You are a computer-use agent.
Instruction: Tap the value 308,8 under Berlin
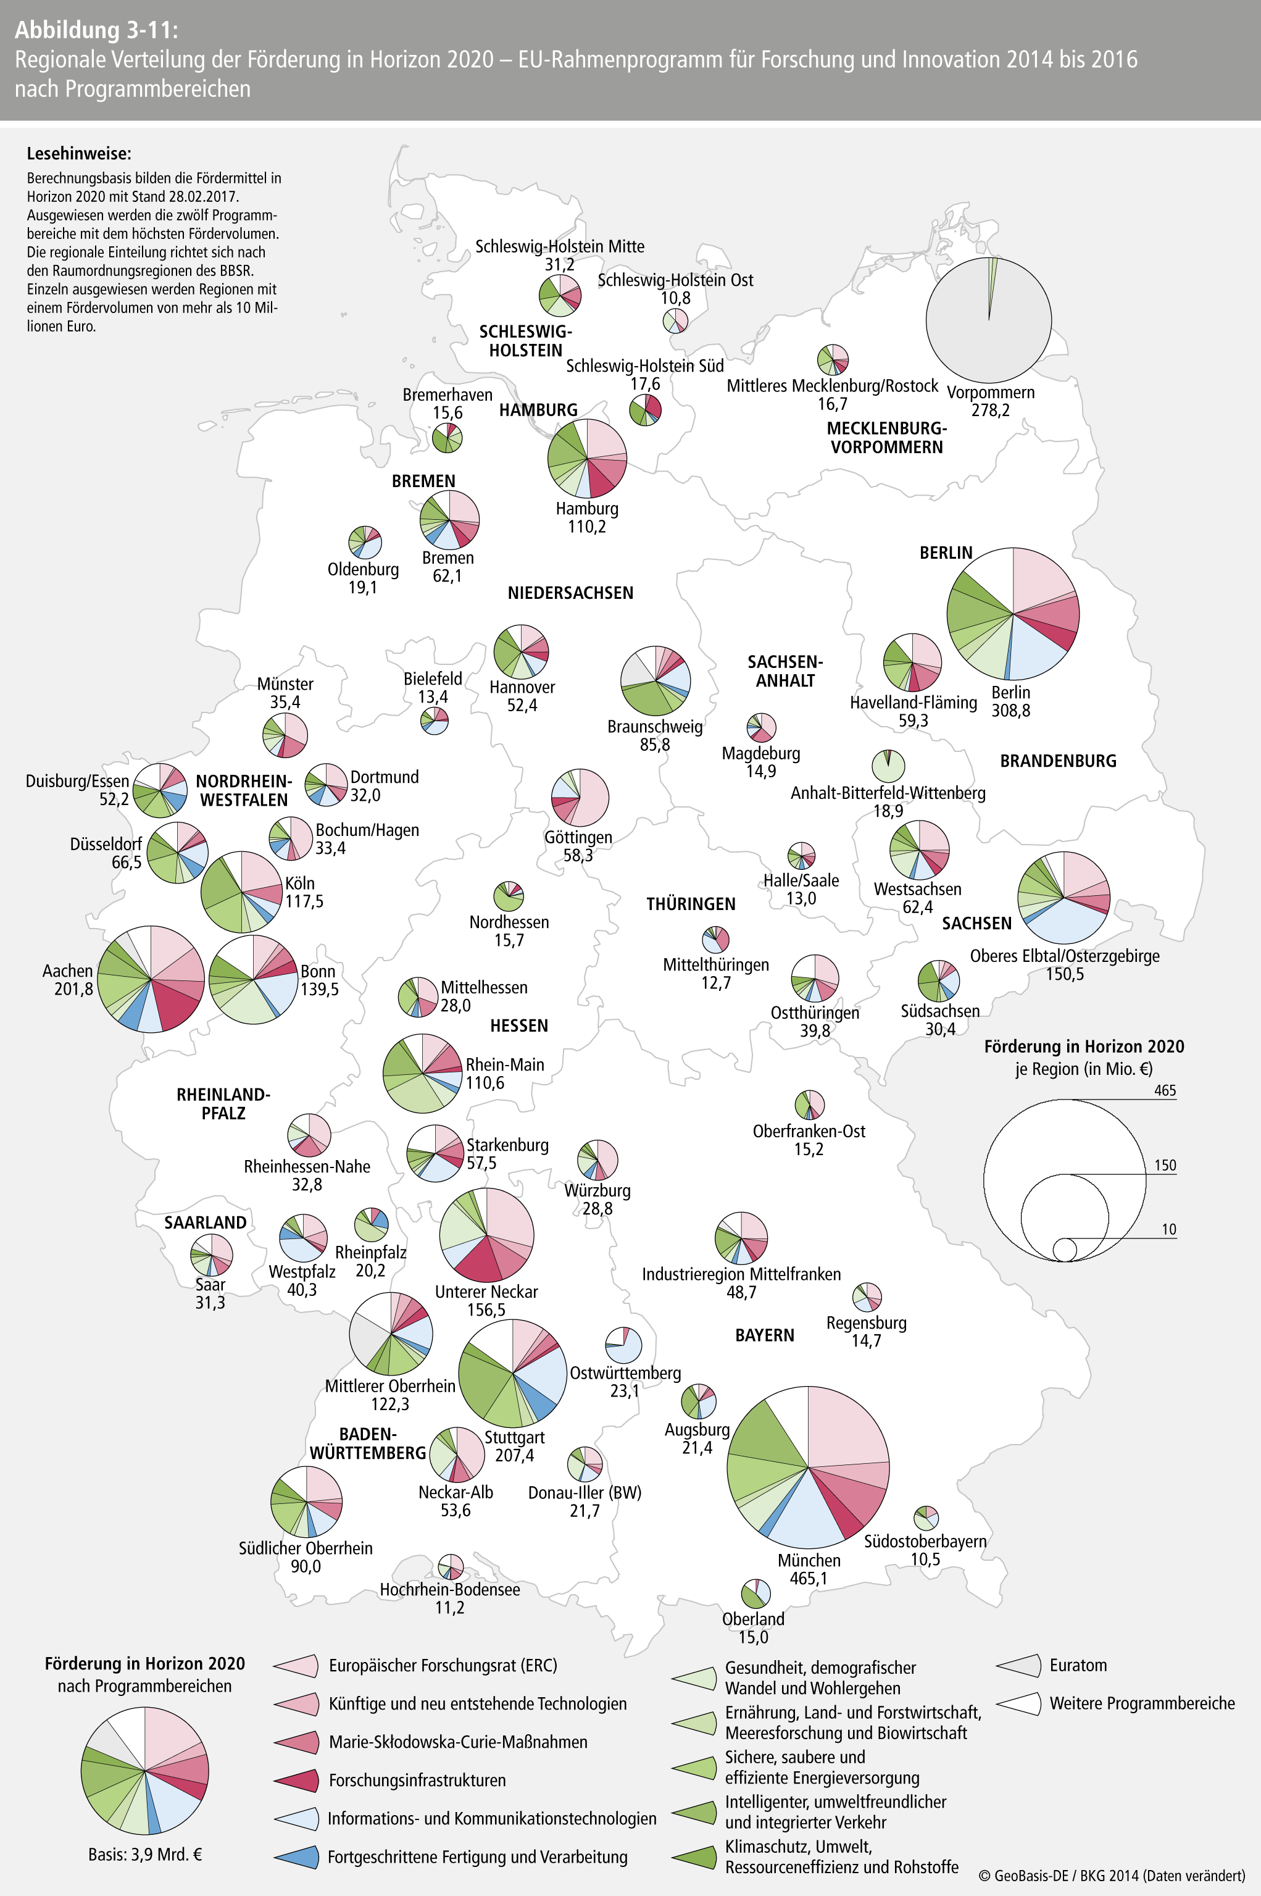click(1011, 710)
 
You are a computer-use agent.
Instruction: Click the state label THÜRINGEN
click(691, 904)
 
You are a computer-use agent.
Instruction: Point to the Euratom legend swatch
click(1019, 1665)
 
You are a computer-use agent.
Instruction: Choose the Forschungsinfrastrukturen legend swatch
click(296, 1780)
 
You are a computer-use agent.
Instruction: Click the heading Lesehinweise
click(79, 154)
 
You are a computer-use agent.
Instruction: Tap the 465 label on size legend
click(1165, 1091)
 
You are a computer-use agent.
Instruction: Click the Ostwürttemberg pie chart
click(623, 1346)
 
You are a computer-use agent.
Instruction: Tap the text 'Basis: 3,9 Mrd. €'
click(145, 1854)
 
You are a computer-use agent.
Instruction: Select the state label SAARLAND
click(205, 1222)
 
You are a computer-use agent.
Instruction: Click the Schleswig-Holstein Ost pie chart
click(675, 321)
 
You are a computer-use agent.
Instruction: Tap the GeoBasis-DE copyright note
click(1112, 1875)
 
